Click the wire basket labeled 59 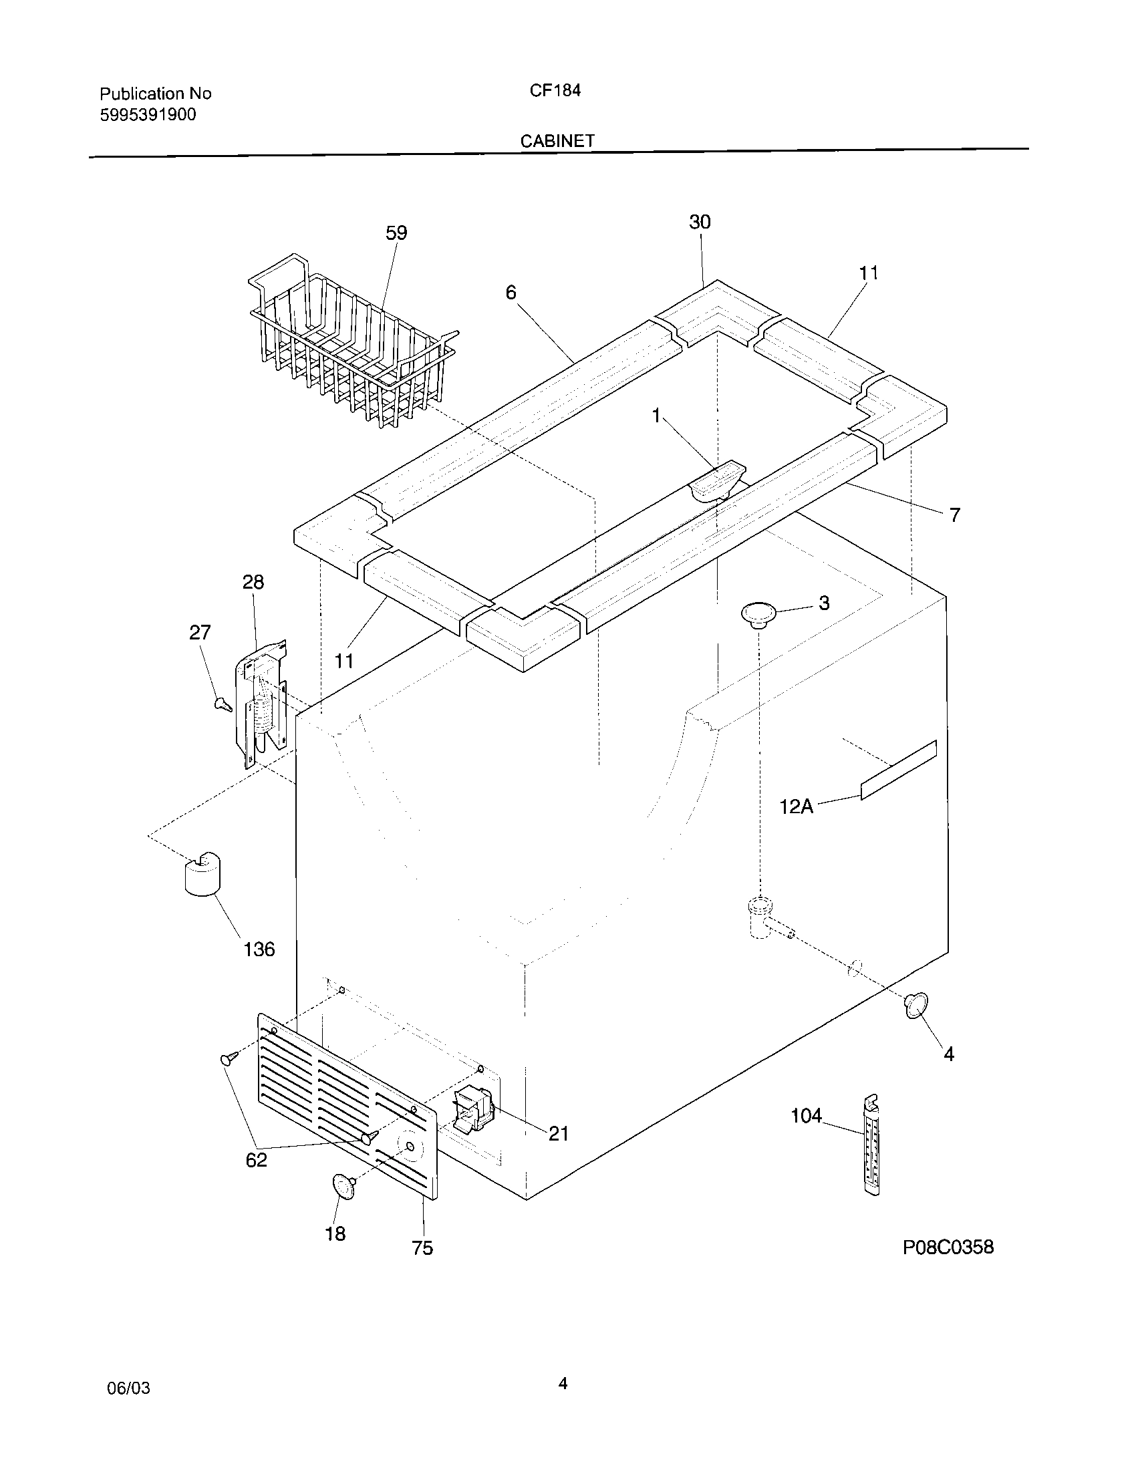pyautogui.click(x=350, y=343)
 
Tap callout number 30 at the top pyautogui.click(x=700, y=222)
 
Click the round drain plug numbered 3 pyautogui.click(x=758, y=615)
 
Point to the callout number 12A pyautogui.click(x=796, y=806)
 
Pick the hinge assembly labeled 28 pyautogui.click(x=263, y=704)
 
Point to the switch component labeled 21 pyautogui.click(x=474, y=1111)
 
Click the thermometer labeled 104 pyautogui.click(x=871, y=1144)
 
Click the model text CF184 pyautogui.click(x=555, y=91)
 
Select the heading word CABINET pyautogui.click(x=557, y=141)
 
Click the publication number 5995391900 pyautogui.click(x=148, y=115)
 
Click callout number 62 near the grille pyautogui.click(x=257, y=1160)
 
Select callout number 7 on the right pyautogui.click(x=954, y=515)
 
